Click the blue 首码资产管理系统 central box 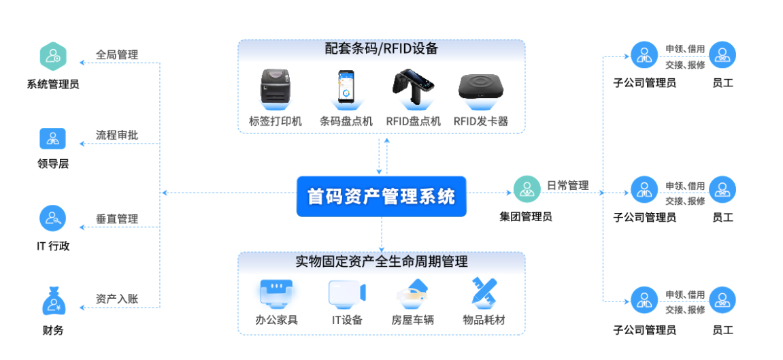click(381, 197)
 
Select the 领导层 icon click(52, 138)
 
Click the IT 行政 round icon click(52, 218)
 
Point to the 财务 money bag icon click(52, 301)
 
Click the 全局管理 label click(117, 54)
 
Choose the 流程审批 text click(117, 135)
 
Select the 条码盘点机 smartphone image click(346, 88)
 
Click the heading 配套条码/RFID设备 click(381, 49)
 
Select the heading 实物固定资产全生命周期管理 click(381, 261)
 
